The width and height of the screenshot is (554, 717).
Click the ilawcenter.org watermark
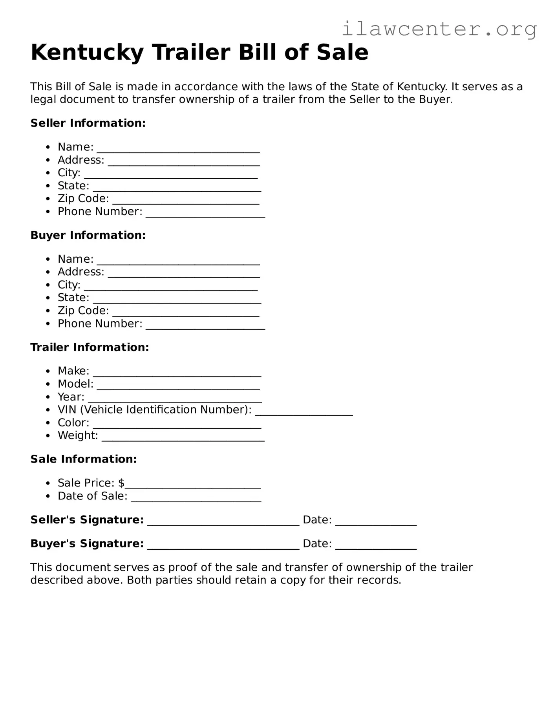pos(439,29)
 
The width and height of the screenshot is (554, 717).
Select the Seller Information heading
pos(88,123)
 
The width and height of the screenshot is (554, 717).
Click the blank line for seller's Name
pos(178,150)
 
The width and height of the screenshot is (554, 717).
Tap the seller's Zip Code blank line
pos(186,202)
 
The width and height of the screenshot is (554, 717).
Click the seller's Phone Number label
pos(100,212)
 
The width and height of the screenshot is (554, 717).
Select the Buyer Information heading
pos(88,235)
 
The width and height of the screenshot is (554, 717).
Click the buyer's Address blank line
pos(184,275)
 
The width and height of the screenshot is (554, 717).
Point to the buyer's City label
pos(69,285)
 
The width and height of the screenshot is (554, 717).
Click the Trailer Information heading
pos(90,347)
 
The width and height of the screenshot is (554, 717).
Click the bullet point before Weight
pos(48,436)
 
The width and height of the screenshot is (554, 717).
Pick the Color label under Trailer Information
pos(73,423)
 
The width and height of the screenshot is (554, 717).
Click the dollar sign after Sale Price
pos(121,483)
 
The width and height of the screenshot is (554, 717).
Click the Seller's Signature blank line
pos(223,523)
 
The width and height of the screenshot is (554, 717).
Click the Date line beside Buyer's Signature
pos(376,547)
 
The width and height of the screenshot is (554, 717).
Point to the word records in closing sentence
pos(378,580)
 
